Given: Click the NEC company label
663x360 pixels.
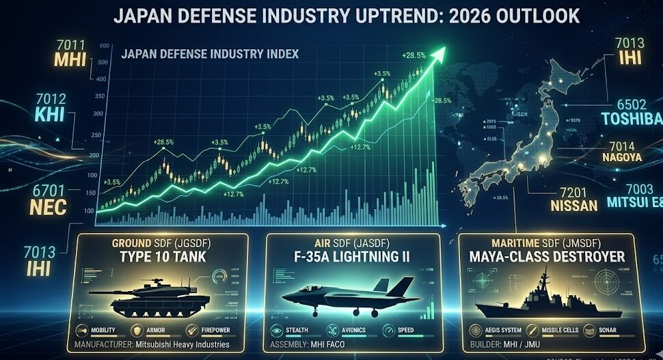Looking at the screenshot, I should pyautogui.click(x=47, y=206).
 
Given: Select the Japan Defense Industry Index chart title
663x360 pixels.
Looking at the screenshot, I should pyautogui.click(x=209, y=54).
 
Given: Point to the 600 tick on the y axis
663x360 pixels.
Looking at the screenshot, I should pyautogui.click(x=104, y=46).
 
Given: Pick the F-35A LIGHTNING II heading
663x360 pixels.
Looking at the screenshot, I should pyautogui.click(x=352, y=256).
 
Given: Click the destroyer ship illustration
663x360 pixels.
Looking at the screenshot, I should pyautogui.click(x=540, y=297).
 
